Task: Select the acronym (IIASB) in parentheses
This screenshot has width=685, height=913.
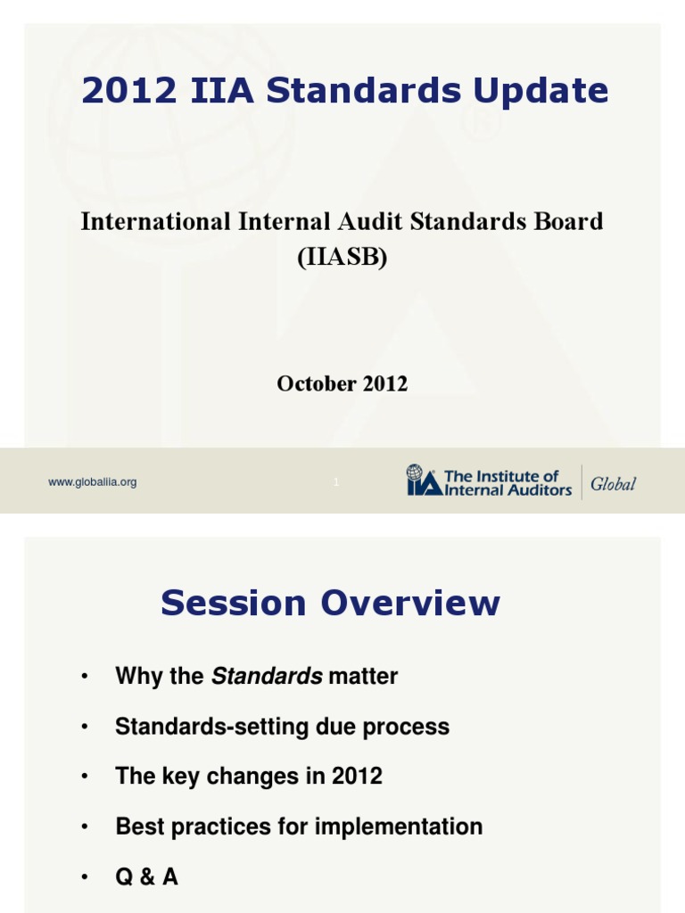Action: (x=342, y=258)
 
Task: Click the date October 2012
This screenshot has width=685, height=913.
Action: (x=342, y=384)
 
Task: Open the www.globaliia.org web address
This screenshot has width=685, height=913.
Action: (x=92, y=482)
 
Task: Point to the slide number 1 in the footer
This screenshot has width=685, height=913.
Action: (x=336, y=482)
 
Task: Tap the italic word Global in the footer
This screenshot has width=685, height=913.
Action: (x=613, y=483)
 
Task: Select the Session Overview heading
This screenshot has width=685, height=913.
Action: (x=330, y=604)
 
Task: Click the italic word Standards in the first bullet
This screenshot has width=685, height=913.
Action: (x=267, y=677)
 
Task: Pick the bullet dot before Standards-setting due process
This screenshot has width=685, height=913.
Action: (x=84, y=728)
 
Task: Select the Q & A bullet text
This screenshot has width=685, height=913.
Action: (x=147, y=877)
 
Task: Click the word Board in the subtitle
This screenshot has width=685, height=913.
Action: (x=574, y=221)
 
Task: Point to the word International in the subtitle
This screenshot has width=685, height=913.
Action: (x=144, y=221)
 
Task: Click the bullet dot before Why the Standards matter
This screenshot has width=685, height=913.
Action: (x=84, y=678)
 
